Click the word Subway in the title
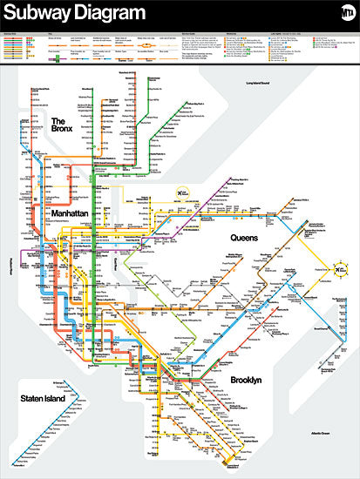click(39, 13)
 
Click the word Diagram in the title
click(109, 13)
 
